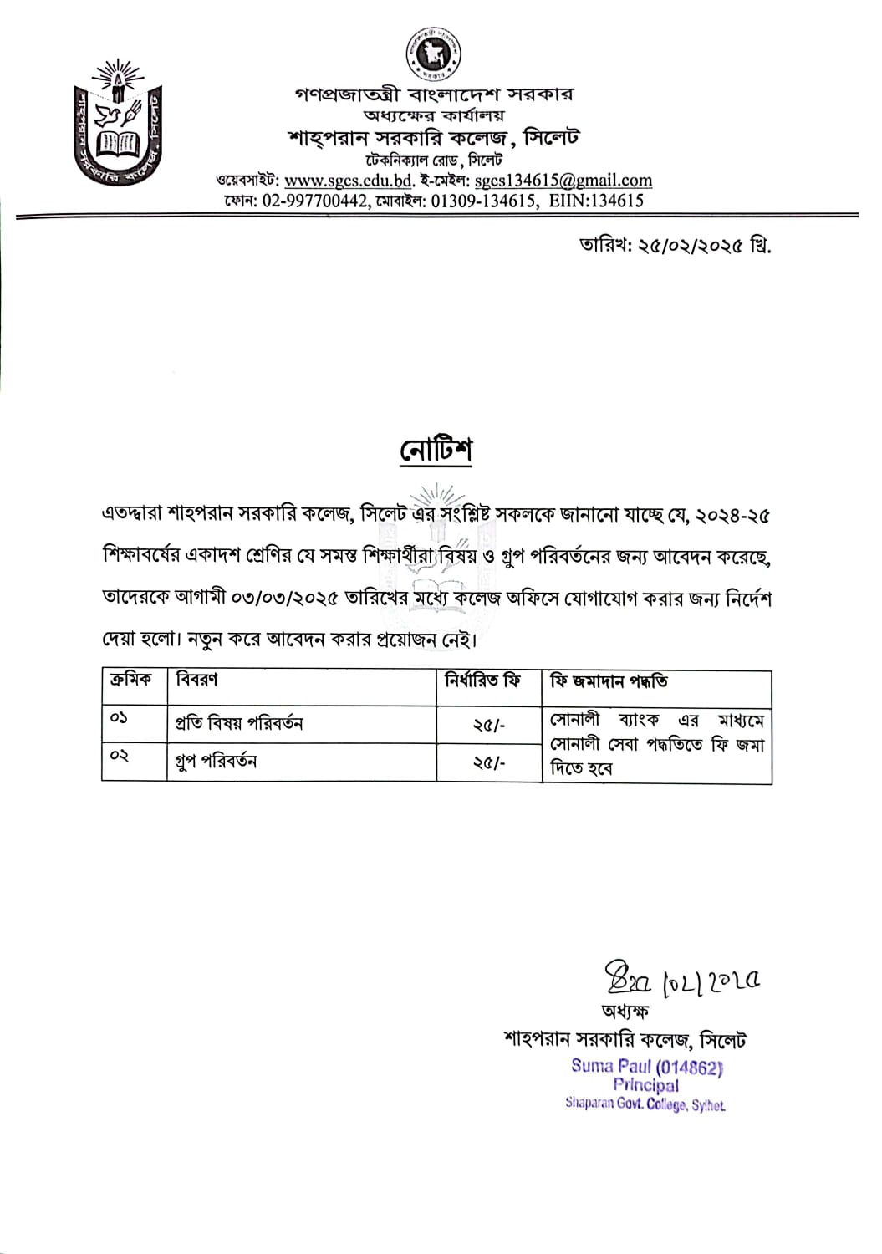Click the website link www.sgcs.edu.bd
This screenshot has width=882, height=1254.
[349, 181]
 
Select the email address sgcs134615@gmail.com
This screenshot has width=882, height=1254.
[563, 181]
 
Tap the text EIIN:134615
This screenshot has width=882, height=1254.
[596, 201]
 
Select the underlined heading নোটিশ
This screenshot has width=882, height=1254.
[435, 451]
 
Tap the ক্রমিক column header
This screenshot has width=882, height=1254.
[131, 681]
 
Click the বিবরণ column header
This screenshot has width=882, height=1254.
[196, 681]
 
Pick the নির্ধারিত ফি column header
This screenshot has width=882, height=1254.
[482, 681]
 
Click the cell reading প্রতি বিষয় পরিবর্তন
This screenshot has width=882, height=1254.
[239, 723]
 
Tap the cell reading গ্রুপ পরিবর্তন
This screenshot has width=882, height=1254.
[216, 762]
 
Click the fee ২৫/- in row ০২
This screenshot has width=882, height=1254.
[489, 763]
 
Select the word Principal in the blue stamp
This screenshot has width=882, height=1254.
[645, 1085]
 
